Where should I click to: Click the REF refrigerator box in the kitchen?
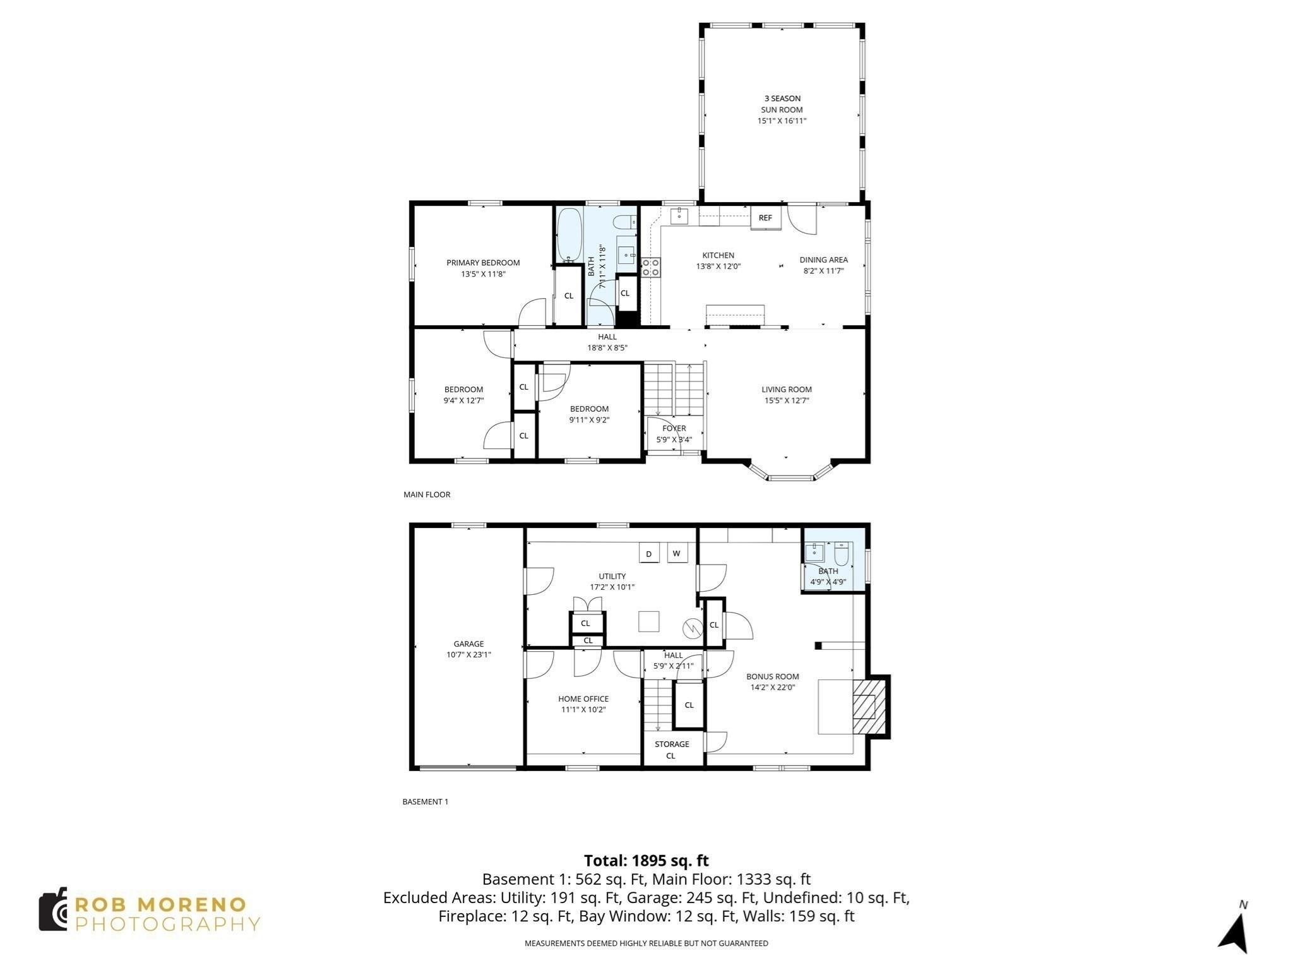765,218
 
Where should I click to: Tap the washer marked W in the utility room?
676,554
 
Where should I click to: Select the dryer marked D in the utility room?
648,554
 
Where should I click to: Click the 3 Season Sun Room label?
782,104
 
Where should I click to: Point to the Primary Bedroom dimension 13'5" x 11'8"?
483,274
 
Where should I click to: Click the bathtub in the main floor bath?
569,235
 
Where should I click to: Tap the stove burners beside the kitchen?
650,267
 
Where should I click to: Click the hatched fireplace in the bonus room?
865,706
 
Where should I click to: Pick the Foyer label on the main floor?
674,428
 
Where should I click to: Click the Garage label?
468,644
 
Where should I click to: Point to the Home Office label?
583,698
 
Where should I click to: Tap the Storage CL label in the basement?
671,750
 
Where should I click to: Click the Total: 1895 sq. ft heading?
646,861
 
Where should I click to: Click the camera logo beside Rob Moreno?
53,909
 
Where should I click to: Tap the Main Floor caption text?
427,494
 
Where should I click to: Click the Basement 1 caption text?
425,801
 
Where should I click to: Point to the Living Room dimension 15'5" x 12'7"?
786,400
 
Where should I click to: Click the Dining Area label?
823,260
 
